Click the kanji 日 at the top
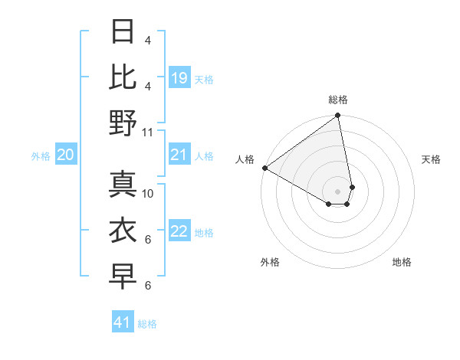coord(123,33)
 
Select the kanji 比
coord(123,76)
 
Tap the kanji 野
coord(123,123)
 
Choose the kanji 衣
coord(123,231)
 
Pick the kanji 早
coord(123,277)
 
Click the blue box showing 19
coord(179,78)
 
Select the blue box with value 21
coord(179,155)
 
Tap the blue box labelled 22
coord(179,232)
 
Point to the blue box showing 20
coord(65,155)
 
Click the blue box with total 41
coord(123,322)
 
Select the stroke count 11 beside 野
coord(148,132)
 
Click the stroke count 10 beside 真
coord(148,193)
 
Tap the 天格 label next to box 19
coord(204,79)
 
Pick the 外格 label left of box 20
coord(41,156)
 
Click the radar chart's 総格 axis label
coord(338,100)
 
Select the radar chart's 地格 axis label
coord(402,262)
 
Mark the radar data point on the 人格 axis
coord(264,167)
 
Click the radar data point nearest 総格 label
coord(337,116)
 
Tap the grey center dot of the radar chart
coord(337,191)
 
